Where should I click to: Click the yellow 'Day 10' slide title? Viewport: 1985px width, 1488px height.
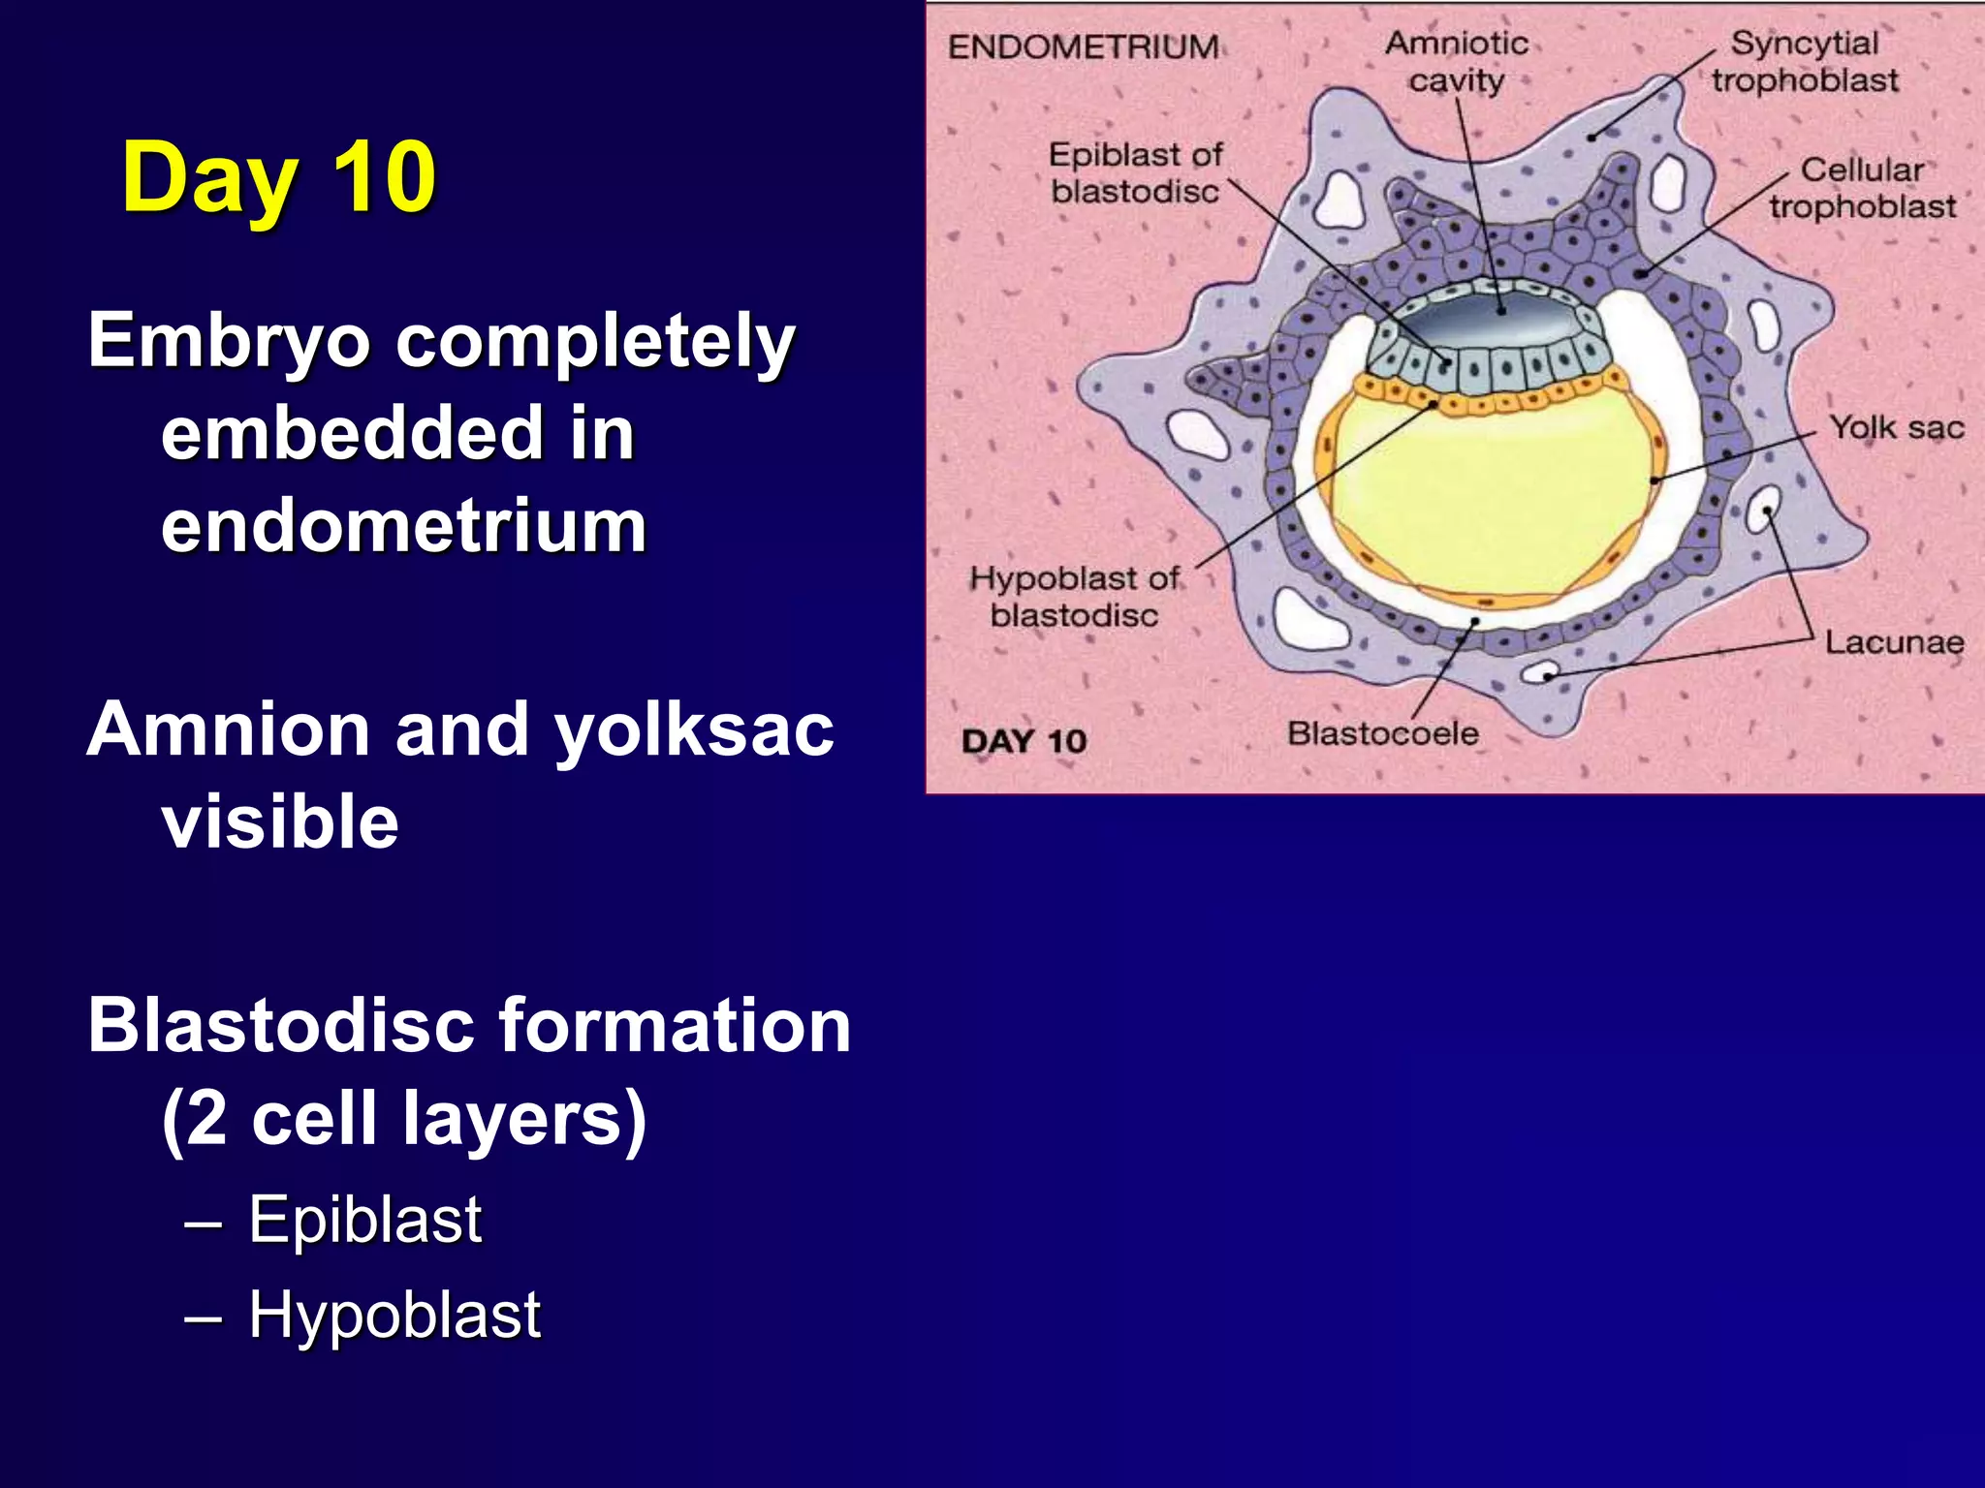279,178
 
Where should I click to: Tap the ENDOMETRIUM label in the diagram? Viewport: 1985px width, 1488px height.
1083,46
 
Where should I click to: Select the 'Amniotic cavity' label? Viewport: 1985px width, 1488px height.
1456,62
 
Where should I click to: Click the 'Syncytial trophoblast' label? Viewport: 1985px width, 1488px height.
1804,62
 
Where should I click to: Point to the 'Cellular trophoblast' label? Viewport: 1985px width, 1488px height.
1862,188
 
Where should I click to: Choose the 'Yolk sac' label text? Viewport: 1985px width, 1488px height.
1897,427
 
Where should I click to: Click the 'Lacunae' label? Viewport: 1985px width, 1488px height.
1894,642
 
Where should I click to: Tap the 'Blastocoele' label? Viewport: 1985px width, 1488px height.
1382,733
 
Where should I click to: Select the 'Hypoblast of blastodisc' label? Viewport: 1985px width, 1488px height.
1074,597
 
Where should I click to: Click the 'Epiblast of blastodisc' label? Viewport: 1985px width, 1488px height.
1135,172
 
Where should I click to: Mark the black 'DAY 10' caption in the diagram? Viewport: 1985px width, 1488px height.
1024,741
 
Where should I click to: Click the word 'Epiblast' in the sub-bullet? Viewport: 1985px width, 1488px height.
364,1220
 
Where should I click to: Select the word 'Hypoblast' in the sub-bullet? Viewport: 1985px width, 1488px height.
394,1315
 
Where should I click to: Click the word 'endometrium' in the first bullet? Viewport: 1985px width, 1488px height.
403,526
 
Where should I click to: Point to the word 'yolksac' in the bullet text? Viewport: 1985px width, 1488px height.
693,729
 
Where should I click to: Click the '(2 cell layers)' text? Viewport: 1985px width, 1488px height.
403,1118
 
